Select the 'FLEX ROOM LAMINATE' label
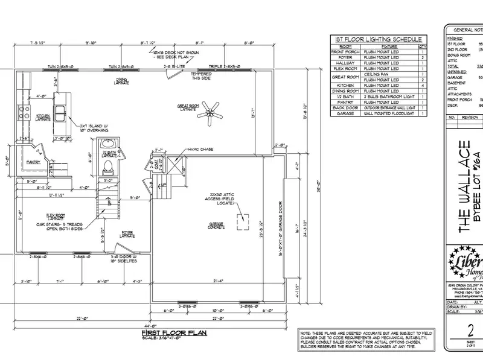coord(56,217)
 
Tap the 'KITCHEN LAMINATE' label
coord(42,116)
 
